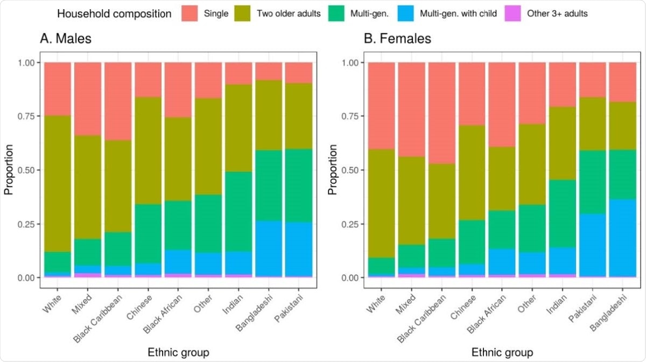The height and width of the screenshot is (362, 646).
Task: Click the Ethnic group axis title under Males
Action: point(178,353)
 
